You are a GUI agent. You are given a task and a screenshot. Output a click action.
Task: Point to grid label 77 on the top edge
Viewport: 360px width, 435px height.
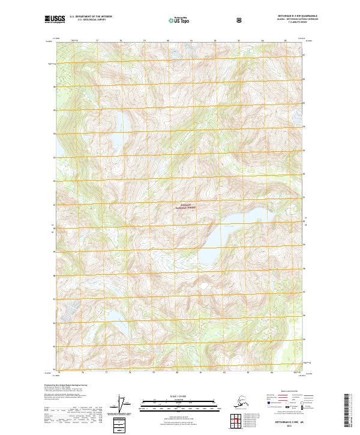pos(97,41)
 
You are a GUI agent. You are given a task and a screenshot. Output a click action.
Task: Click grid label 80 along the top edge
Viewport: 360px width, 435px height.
pos(168,41)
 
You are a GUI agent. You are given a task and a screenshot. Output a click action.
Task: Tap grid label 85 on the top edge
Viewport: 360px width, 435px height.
pos(285,41)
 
